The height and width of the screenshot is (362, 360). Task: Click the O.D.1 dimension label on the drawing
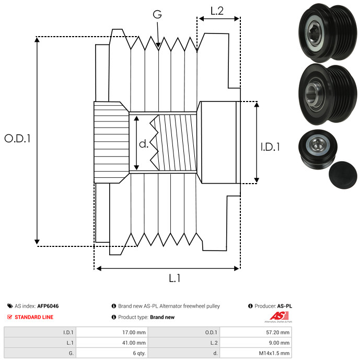click(18, 139)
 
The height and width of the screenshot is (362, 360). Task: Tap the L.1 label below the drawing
click(175, 279)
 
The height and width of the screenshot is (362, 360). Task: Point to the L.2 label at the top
click(217, 11)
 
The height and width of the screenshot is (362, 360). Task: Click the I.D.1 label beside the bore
click(270, 148)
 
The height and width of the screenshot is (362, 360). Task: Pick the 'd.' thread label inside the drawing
click(144, 144)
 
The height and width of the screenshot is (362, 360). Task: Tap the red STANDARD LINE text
click(34, 317)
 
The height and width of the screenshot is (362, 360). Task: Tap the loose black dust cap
click(342, 177)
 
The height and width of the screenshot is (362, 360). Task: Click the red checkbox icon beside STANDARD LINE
click(10, 317)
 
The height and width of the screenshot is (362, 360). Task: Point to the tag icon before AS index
click(10, 306)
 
